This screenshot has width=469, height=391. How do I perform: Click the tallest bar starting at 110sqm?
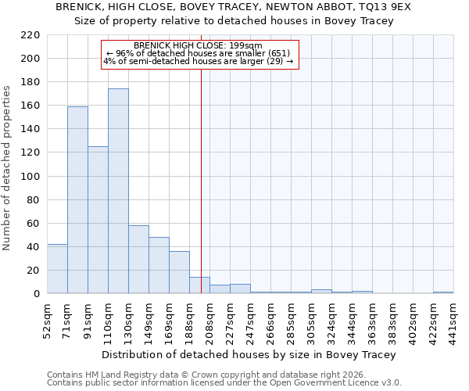click(118, 191)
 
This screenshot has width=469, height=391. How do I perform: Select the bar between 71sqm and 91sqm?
click(77, 199)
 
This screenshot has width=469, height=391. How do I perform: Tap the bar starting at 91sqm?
click(98, 220)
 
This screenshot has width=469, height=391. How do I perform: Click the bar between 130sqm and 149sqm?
click(138, 259)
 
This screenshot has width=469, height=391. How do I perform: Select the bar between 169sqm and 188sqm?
click(179, 272)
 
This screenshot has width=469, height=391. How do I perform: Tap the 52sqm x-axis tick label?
click(48, 318)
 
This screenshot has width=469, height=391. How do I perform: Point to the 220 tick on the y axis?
click(30, 35)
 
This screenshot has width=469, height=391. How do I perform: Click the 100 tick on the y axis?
click(30, 177)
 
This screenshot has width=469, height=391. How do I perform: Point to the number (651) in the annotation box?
click(277, 53)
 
